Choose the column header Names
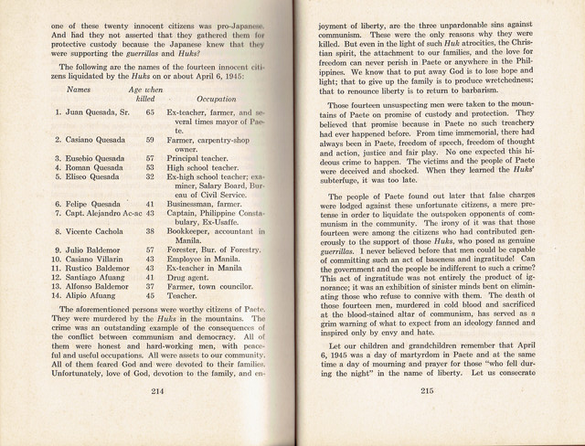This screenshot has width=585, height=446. click(x=79, y=90)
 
